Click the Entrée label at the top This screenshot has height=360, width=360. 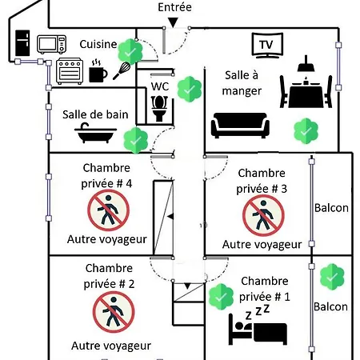click(174, 7)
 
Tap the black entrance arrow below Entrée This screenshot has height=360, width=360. click(173, 22)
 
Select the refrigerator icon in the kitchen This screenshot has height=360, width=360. click(22, 43)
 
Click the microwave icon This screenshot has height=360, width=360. click(51, 44)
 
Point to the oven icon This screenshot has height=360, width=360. click(70, 71)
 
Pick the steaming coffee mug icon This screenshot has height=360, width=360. click(98, 71)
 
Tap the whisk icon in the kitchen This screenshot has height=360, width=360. click(122, 70)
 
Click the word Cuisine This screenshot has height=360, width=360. click(98, 44)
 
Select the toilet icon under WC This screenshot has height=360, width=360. click(159, 109)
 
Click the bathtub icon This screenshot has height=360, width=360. click(95, 133)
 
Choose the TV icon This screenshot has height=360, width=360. click(267, 46)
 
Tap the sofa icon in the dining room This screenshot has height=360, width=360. click(240, 126)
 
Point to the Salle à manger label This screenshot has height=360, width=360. click(242, 83)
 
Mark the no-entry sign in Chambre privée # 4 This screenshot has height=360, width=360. click(109, 210)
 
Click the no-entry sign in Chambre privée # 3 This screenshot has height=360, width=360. click(263, 215)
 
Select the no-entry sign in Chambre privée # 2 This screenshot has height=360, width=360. click(114, 312)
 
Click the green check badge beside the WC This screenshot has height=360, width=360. click(190, 89)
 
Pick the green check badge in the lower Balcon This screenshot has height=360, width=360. click(332, 277)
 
